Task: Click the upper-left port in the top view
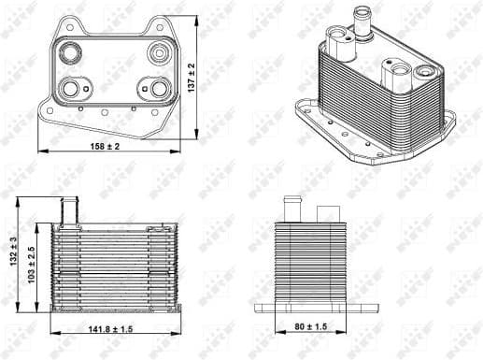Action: point(70,53)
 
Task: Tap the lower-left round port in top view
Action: point(72,89)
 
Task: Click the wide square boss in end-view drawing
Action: point(328,214)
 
